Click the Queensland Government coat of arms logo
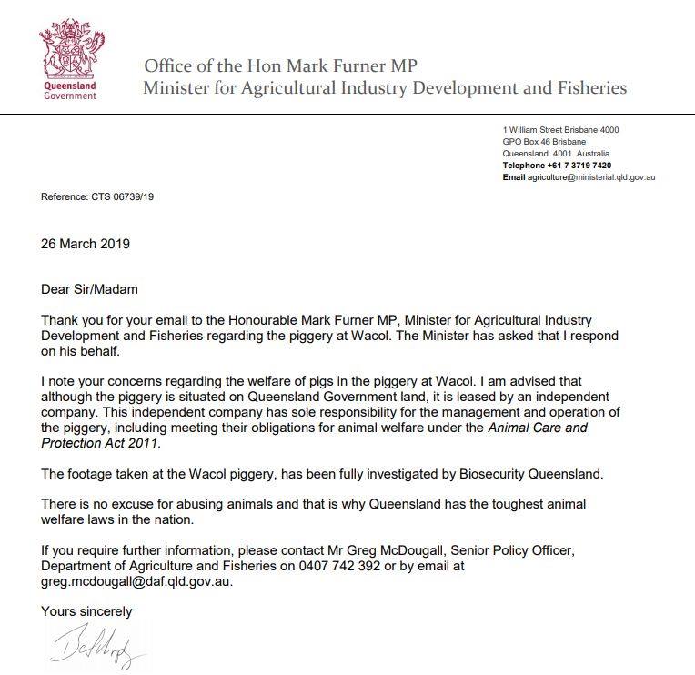(x=69, y=49)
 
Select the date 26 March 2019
(x=86, y=244)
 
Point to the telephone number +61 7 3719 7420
(x=578, y=166)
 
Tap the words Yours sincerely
(x=86, y=611)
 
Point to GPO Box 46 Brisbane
(x=544, y=142)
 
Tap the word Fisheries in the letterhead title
(x=583, y=88)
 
